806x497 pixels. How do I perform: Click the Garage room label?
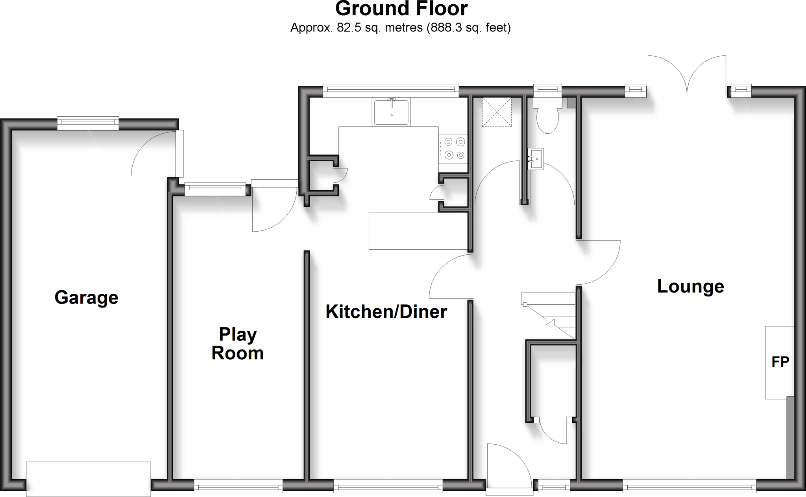pos(86,297)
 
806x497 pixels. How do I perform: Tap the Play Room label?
pos(237,344)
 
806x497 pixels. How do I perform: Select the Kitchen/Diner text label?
pos(386,312)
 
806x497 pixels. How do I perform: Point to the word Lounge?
pos(690,286)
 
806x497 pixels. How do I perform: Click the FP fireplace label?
pos(780,362)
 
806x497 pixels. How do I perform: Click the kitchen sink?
pos(391,112)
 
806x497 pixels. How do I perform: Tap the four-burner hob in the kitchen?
pos(454,148)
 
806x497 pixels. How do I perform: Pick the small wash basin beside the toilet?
pos(535,159)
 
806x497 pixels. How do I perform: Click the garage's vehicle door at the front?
pos(88,479)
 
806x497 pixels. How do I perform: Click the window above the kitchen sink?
pos(391,90)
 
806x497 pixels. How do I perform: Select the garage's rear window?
pos(88,123)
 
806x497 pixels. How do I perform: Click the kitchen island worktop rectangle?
pos(418,231)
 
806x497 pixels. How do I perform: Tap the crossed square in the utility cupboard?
pos(497,112)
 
